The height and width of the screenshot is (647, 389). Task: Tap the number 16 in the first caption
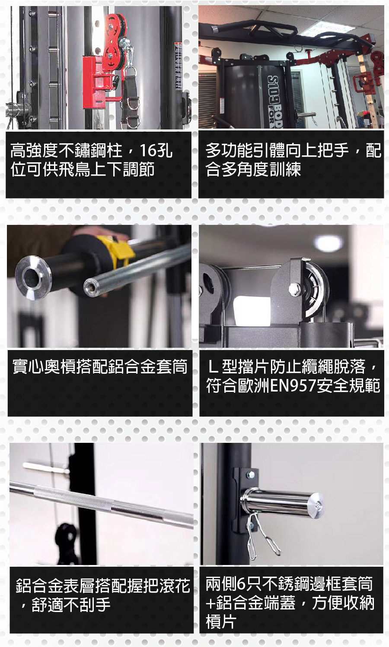click(148, 151)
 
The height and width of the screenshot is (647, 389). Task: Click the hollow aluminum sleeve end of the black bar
click(33, 277)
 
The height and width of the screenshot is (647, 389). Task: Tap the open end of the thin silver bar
click(91, 287)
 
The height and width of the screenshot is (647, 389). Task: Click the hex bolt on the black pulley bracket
click(294, 289)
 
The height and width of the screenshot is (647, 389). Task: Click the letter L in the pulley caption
click(213, 366)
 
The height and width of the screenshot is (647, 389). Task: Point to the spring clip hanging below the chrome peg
click(262, 536)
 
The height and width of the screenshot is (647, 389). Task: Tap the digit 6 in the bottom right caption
click(241, 584)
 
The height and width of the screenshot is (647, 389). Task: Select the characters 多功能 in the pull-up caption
click(229, 151)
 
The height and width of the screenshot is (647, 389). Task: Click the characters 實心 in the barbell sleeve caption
click(28, 366)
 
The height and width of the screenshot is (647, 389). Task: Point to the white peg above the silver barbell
click(46, 467)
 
